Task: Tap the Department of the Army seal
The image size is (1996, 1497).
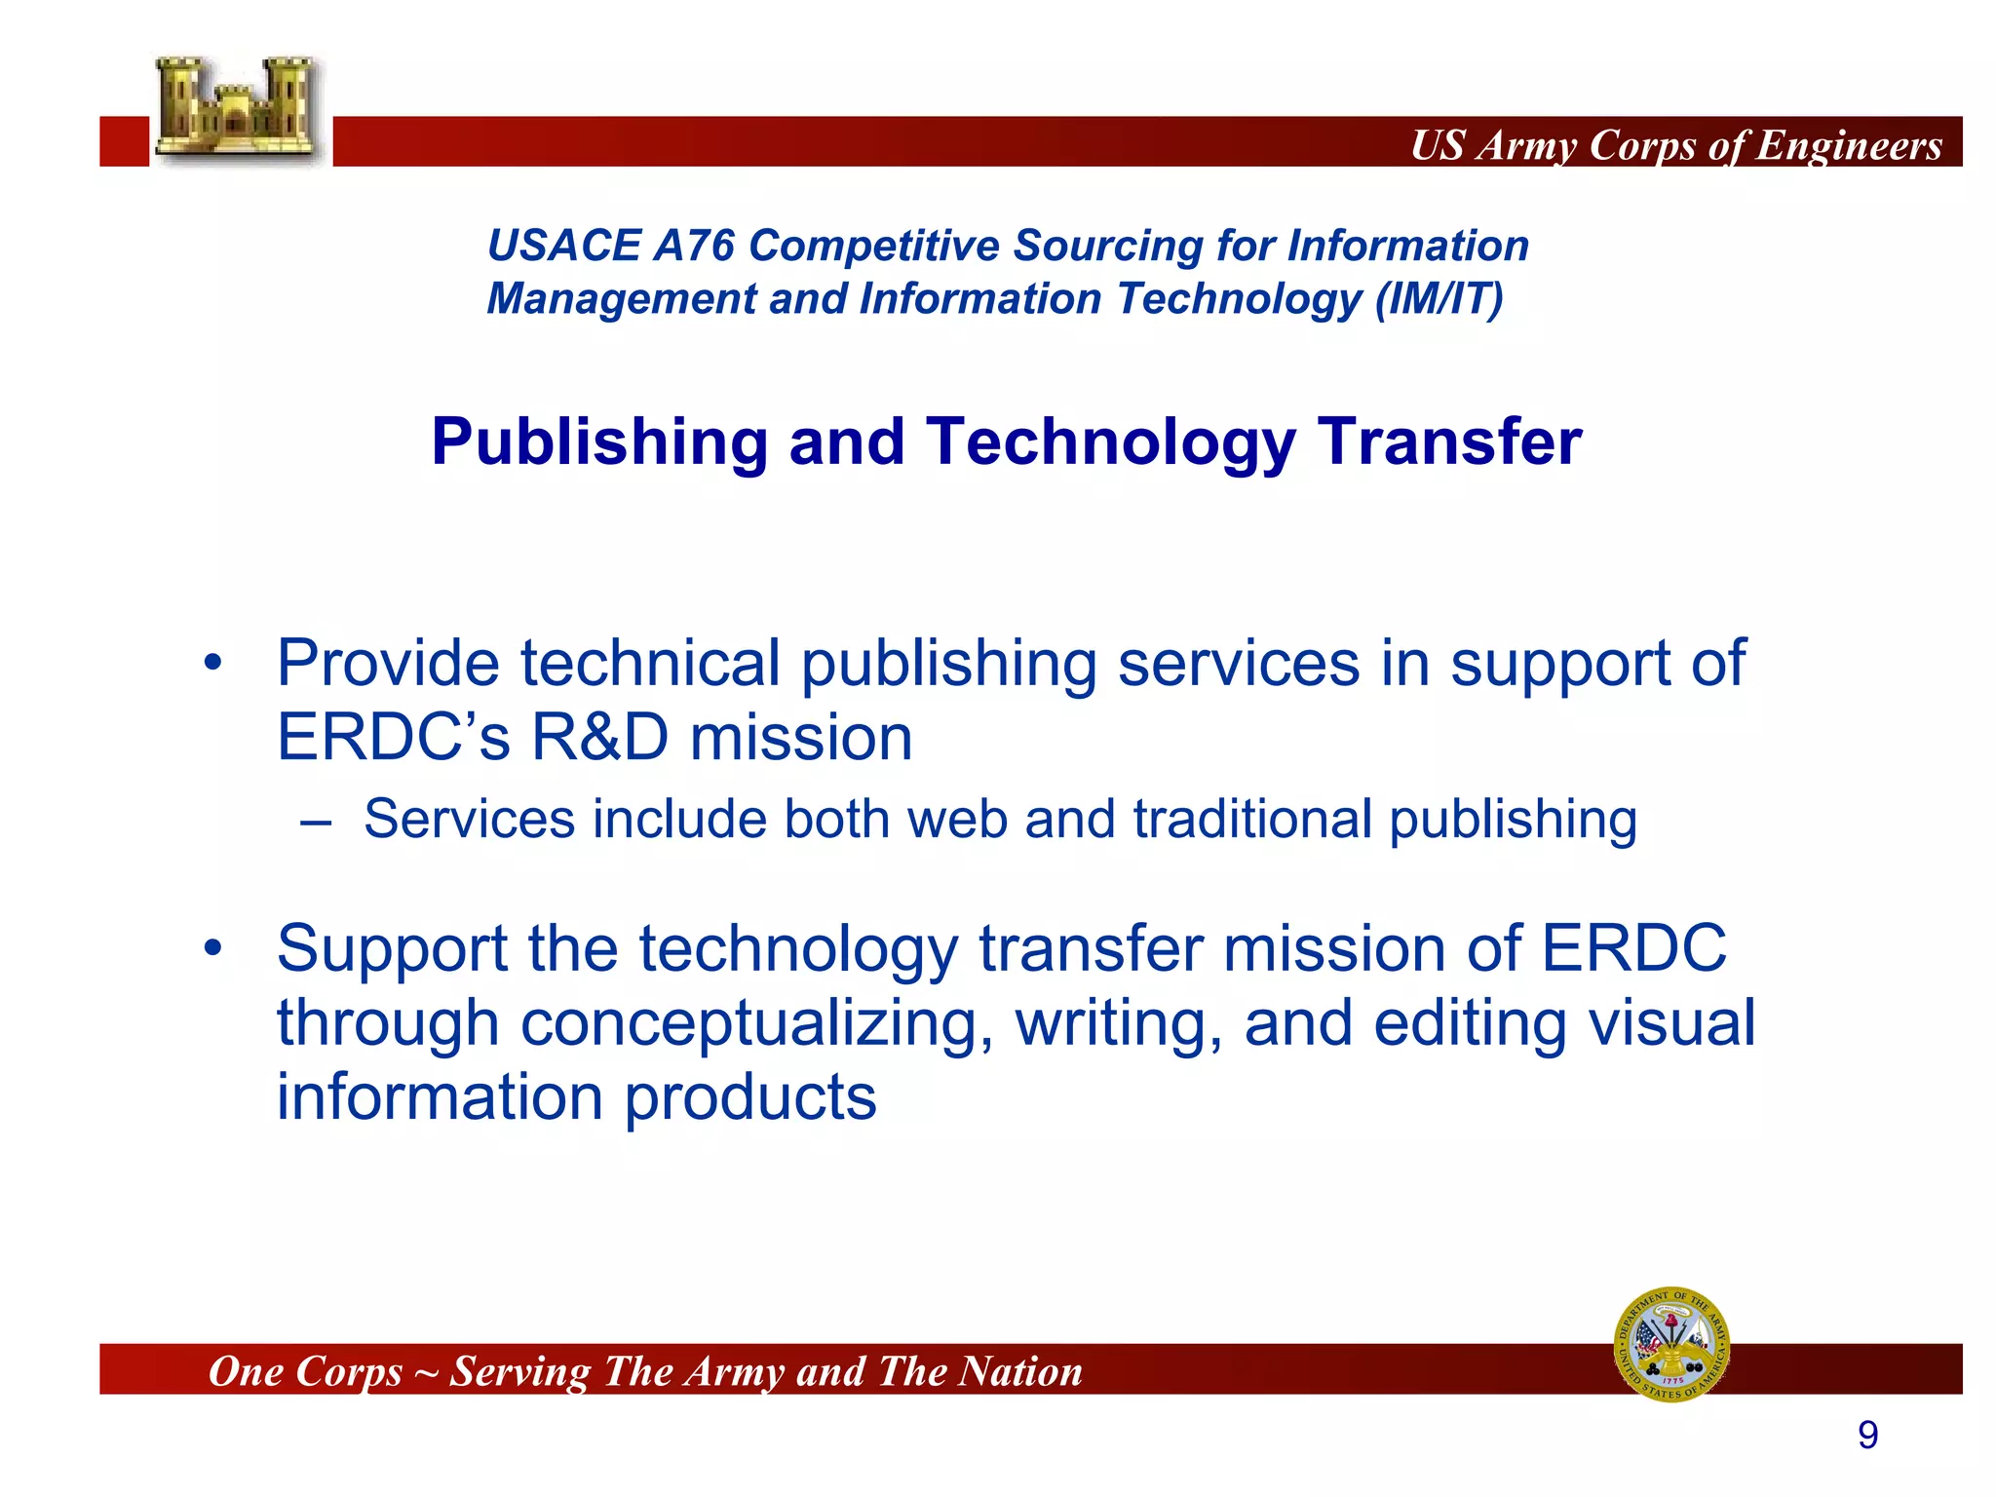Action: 1671,1344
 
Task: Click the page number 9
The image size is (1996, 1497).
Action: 1867,1436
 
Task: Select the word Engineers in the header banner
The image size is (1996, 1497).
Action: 1849,145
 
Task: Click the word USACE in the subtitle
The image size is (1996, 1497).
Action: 562,246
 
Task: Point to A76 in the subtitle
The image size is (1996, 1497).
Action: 694,246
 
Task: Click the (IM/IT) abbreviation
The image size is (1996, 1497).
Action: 1439,299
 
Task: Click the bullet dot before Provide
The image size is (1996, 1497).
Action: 213,665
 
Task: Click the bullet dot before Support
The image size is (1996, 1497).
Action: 213,948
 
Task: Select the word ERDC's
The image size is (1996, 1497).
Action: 393,738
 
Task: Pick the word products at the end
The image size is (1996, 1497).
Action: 749,1098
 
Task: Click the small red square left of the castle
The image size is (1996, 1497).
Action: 124,141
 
